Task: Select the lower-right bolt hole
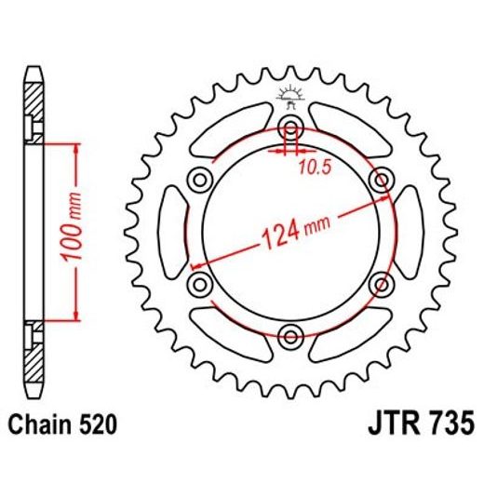381,283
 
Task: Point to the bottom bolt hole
290,335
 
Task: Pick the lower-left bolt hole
198,283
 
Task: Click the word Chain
41,426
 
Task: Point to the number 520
98,426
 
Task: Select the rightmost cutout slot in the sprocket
408,231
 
